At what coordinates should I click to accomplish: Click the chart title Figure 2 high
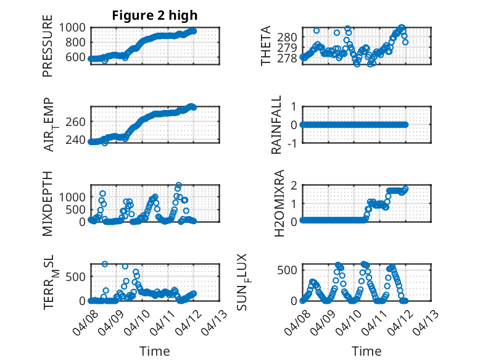(x=155, y=15)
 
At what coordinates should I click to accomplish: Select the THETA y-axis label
(x=266, y=46)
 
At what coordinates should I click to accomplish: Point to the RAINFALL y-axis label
(x=277, y=125)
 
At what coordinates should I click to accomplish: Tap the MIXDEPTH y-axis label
(x=48, y=203)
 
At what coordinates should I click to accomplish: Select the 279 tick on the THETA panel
(x=289, y=48)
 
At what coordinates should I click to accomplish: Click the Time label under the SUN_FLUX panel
(x=366, y=351)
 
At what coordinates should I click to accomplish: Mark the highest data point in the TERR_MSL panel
(x=105, y=264)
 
